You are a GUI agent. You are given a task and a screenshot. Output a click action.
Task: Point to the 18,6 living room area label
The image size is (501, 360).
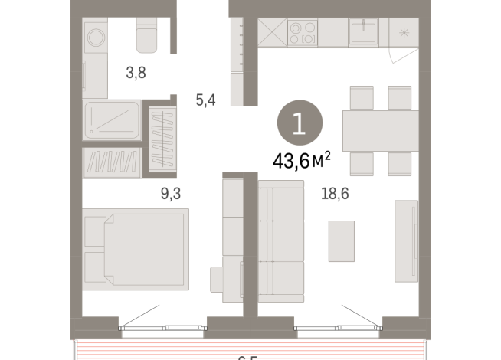click(x=335, y=195)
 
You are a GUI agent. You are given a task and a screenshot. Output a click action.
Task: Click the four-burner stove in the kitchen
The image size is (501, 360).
click(x=302, y=33)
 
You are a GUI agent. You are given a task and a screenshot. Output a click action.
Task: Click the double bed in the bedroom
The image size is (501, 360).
click(x=135, y=250)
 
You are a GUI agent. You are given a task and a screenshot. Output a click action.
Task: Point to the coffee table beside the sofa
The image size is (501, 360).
click(x=341, y=241)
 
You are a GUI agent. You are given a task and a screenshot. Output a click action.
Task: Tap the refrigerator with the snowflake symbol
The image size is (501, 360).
click(x=404, y=33)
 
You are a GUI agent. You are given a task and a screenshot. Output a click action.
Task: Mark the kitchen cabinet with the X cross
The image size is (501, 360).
click(x=271, y=34)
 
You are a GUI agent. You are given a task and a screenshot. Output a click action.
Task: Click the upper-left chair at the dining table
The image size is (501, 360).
click(x=361, y=97)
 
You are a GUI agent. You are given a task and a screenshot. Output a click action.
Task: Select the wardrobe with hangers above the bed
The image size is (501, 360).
click(x=112, y=162)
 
